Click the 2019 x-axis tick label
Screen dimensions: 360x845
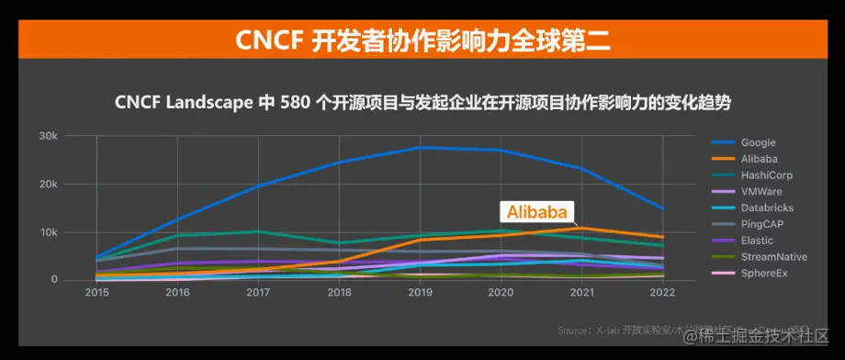pos(420,293)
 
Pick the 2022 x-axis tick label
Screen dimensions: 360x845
pos(662,293)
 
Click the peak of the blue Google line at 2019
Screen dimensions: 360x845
pos(420,147)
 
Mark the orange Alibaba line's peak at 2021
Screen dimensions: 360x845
pos(581,228)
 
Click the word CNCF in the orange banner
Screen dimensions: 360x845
pos(267,41)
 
